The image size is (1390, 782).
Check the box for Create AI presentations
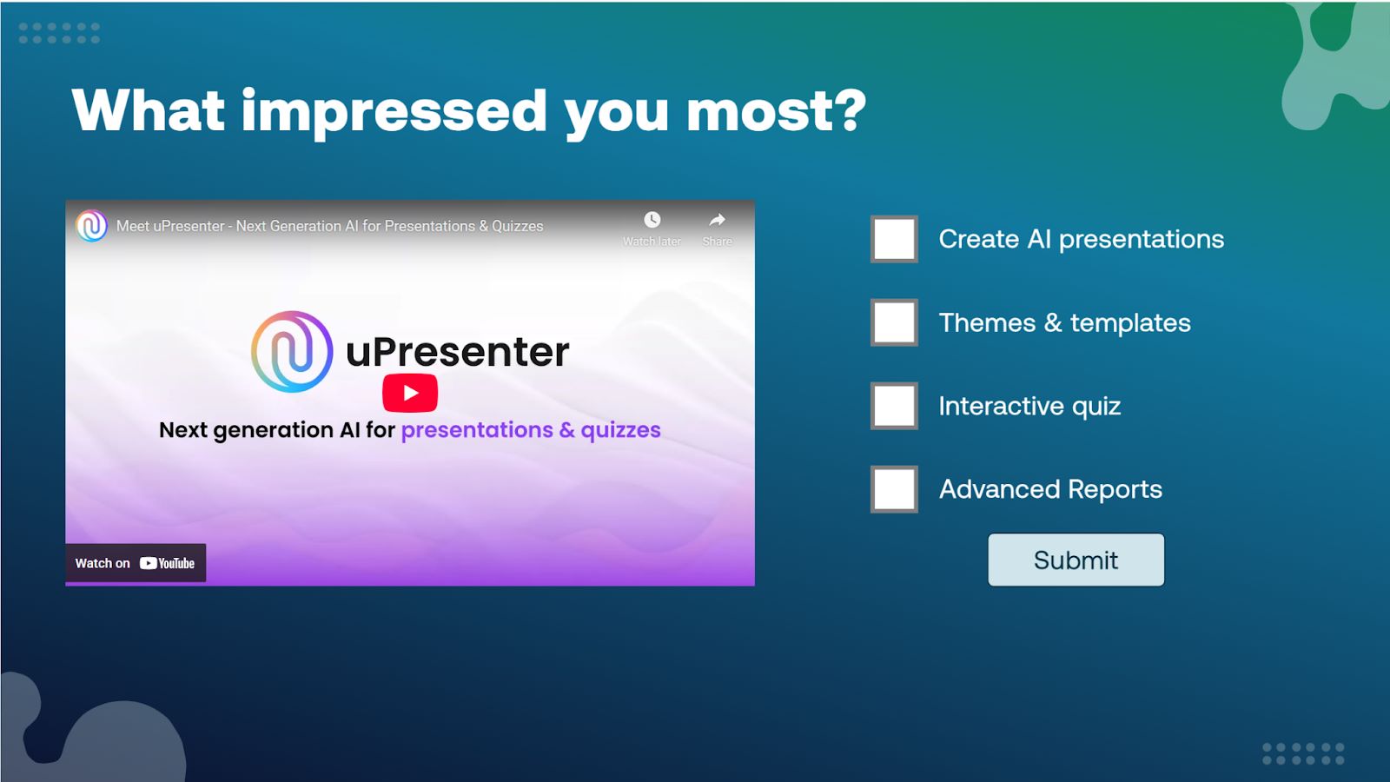894,239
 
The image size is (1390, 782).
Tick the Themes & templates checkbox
894,322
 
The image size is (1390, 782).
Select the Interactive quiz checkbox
894,406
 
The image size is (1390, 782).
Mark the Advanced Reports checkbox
894,489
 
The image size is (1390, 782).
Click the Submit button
1076,560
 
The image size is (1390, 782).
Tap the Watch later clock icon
652,220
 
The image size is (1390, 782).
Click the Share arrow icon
718,220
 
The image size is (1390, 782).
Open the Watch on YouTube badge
136,563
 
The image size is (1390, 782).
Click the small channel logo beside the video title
91,226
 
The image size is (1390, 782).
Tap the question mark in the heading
850,109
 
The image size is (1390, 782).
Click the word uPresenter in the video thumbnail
457,352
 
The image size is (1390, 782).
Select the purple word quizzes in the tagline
620,431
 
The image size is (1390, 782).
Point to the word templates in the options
1130,323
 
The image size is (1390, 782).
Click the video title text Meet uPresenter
170,226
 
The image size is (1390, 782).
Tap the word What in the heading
149,109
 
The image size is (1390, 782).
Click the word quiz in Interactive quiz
1095,407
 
